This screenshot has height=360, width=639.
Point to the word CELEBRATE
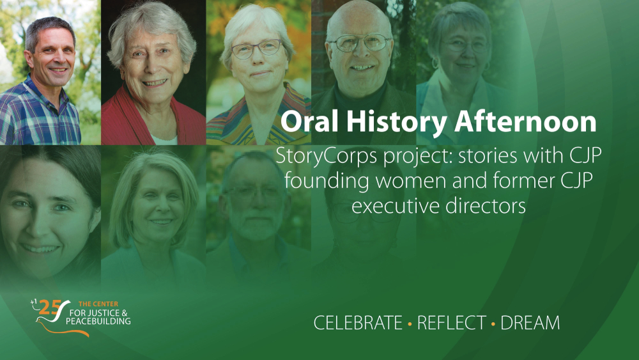358,323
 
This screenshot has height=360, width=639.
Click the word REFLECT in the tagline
452,323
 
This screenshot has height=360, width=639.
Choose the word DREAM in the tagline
530,323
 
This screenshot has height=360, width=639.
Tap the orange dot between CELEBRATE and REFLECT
410,324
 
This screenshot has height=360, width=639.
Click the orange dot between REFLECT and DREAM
493,324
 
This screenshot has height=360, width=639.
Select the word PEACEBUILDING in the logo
98,321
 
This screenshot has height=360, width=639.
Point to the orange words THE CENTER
98,304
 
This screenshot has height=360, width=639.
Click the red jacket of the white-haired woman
122,122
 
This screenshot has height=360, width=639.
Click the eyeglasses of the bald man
360,43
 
